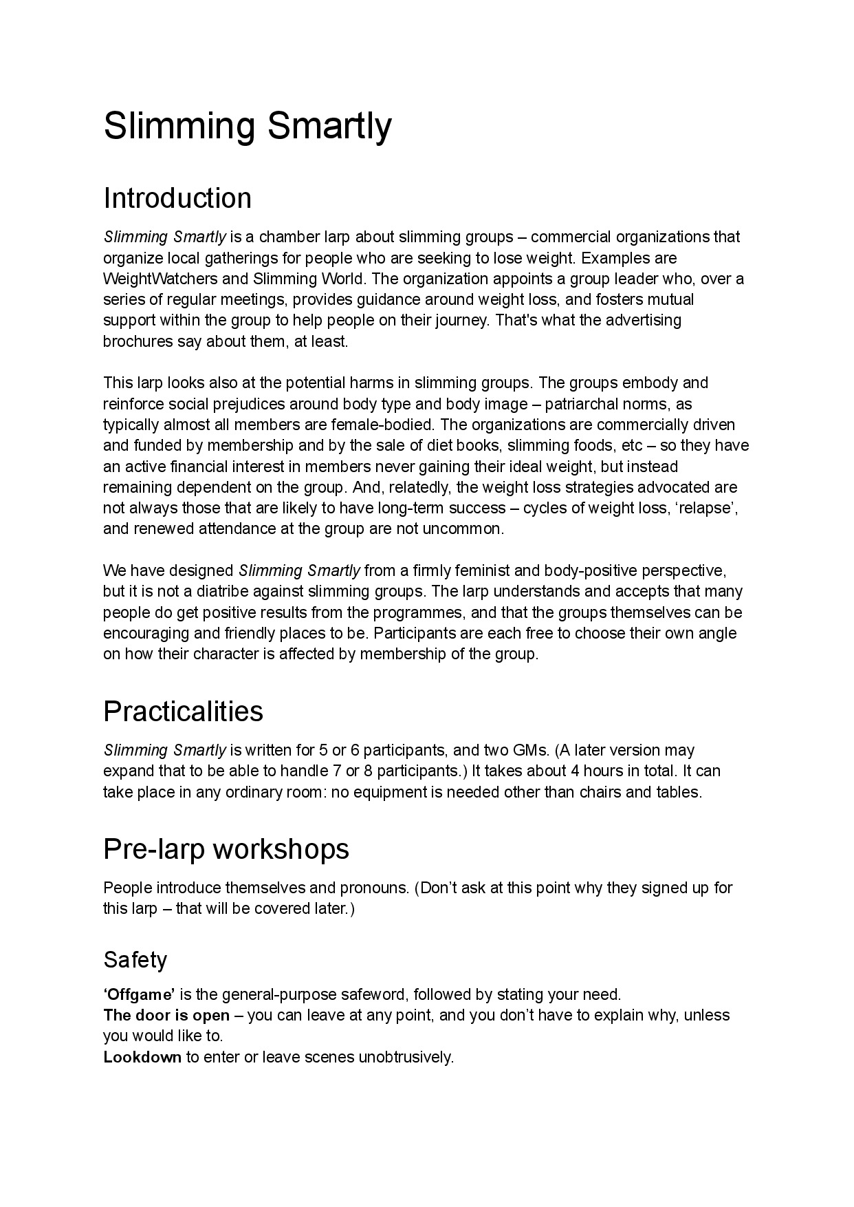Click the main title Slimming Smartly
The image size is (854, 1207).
pyautogui.click(x=248, y=127)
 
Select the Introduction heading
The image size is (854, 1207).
pyautogui.click(x=177, y=198)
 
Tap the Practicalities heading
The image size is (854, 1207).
pyautogui.click(x=183, y=711)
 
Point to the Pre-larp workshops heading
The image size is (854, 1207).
pyautogui.click(x=226, y=849)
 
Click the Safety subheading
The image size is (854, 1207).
pyautogui.click(x=135, y=959)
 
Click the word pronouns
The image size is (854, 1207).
pyautogui.click(x=375, y=888)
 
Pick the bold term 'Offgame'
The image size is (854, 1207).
pyautogui.click(x=139, y=994)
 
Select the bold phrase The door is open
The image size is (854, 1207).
pyautogui.click(x=166, y=1015)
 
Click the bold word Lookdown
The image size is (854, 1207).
pyautogui.click(x=142, y=1057)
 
